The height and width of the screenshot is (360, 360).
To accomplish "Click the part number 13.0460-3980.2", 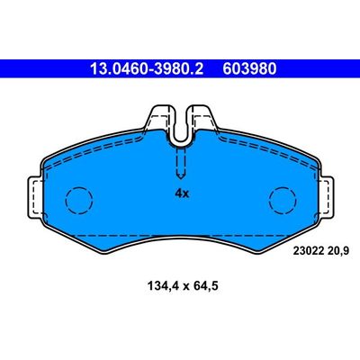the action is pos(147,69).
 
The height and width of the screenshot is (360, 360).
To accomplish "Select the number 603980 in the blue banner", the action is pos(249,69).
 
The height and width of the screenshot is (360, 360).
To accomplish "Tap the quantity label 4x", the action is pos(182,193).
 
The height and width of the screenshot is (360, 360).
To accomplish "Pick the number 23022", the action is pos(308,250).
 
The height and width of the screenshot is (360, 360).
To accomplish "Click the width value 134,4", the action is pos(163,286).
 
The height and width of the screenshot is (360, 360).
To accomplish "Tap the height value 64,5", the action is pos(205,286).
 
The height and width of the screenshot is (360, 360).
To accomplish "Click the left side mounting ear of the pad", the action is pos(35,198).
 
